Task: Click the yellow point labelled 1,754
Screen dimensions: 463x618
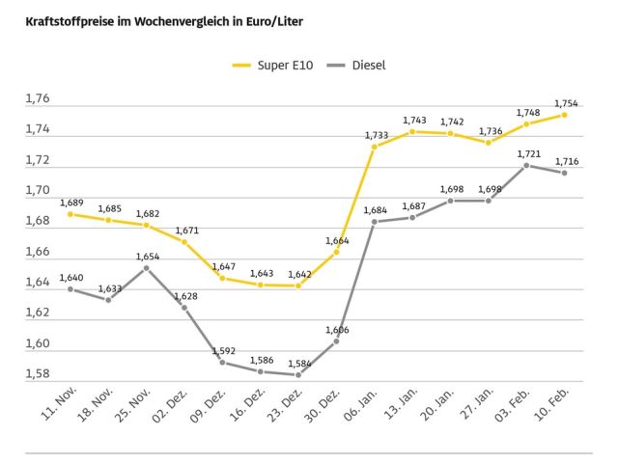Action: click(564, 115)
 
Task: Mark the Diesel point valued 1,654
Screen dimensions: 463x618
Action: click(147, 267)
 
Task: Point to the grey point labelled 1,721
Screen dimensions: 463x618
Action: click(526, 165)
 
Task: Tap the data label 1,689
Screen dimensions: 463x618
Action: click(71, 203)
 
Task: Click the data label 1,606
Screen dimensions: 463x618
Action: click(336, 330)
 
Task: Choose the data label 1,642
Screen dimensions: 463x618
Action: click(298, 275)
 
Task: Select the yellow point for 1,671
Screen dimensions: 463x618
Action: click(184, 241)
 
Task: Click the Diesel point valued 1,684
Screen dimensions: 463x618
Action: click(375, 222)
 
